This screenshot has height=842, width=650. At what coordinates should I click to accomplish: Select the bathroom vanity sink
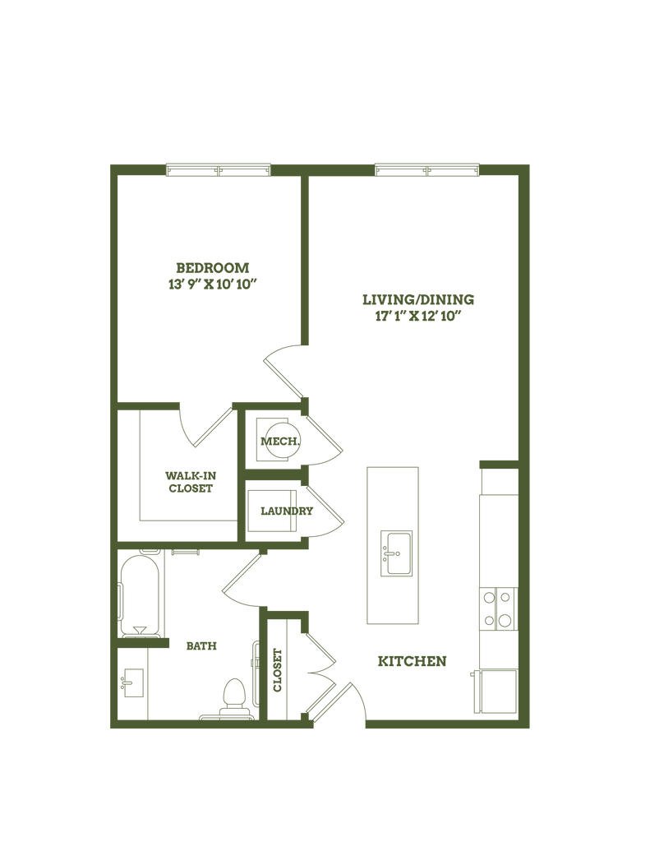click(x=131, y=682)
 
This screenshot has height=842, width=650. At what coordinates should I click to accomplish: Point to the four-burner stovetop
click(x=498, y=609)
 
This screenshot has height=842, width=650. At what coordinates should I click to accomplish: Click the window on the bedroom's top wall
click(x=218, y=170)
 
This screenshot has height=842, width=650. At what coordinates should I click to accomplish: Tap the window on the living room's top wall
click(x=426, y=170)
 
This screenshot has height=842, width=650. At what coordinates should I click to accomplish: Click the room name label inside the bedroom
click(x=213, y=266)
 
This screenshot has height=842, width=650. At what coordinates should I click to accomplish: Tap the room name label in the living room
click(x=418, y=298)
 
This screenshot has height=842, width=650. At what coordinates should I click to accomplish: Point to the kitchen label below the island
click(x=411, y=660)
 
